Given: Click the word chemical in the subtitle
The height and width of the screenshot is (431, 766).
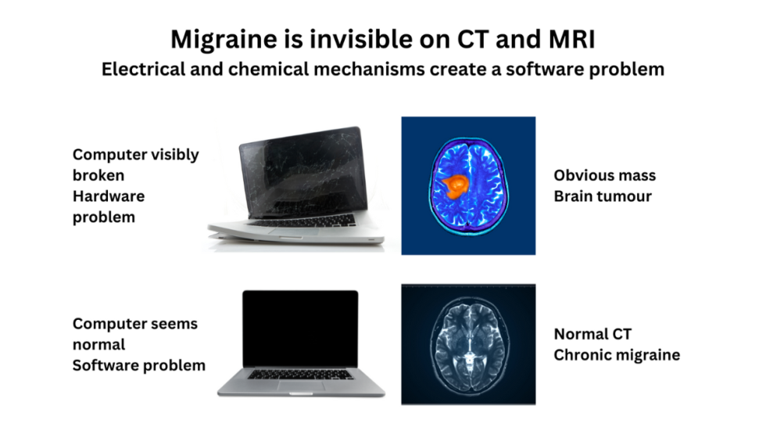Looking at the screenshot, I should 265,69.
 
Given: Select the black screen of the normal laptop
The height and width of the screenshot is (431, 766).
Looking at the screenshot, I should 300,328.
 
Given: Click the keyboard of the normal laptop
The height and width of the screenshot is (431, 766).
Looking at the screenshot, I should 300,374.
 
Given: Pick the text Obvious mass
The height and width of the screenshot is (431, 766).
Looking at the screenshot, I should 604,175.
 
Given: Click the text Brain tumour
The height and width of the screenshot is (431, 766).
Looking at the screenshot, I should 604,196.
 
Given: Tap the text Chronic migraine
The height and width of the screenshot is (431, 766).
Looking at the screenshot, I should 617,355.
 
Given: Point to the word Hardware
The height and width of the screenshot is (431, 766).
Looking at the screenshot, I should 109,196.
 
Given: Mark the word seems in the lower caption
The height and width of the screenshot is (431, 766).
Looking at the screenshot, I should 173,324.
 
